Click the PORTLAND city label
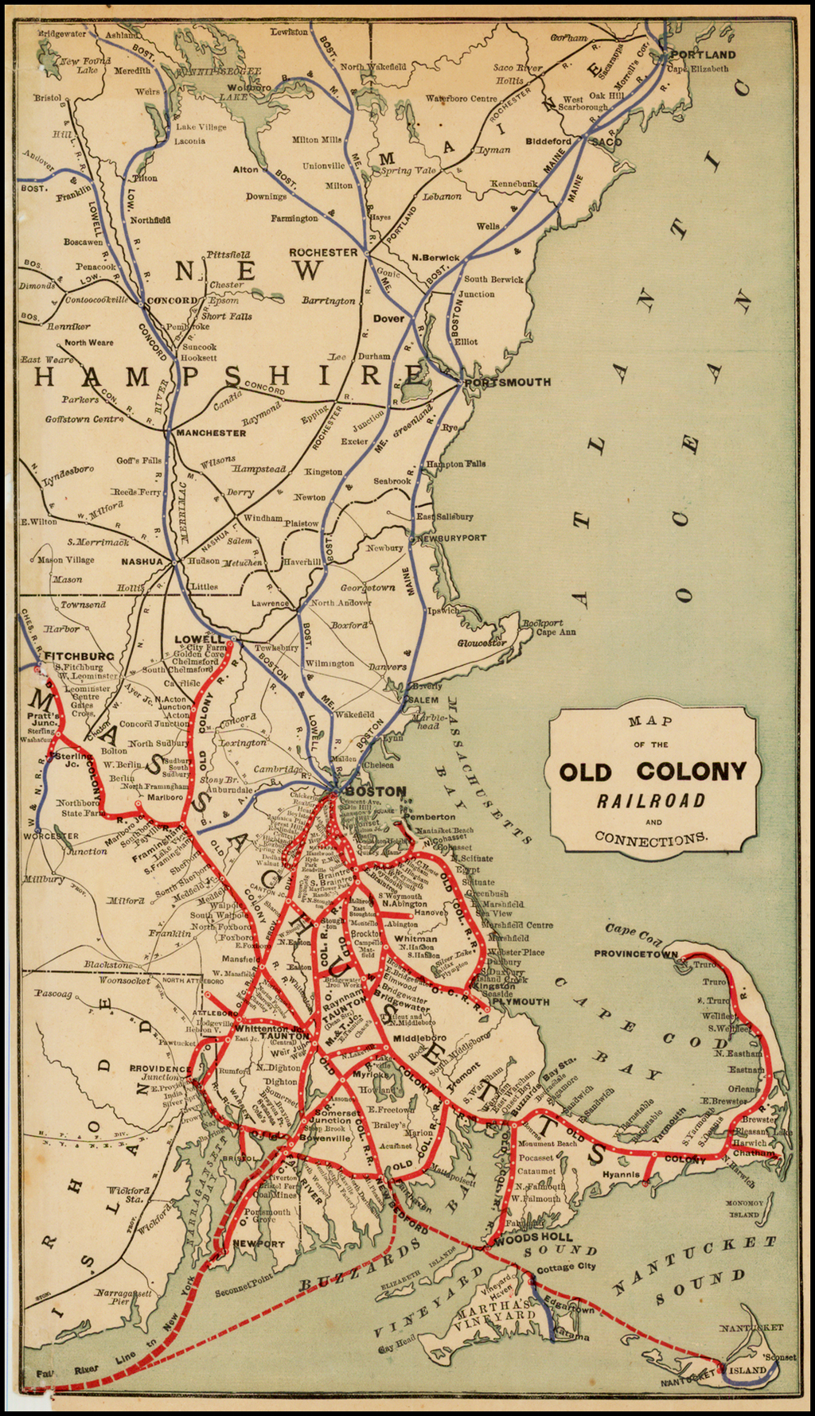click(x=704, y=55)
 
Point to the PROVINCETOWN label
click(x=635, y=953)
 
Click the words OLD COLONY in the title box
click(x=653, y=772)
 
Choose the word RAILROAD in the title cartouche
click(x=652, y=801)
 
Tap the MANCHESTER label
click(x=211, y=433)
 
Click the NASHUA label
click(x=142, y=562)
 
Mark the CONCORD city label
click(x=172, y=301)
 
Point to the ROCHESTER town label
click(x=323, y=252)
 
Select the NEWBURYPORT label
click(x=451, y=539)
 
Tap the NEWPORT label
click(x=259, y=1244)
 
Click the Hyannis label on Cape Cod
click(x=621, y=1174)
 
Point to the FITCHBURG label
click(x=80, y=656)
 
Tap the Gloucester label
click(x=482, y=643)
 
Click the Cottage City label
click(x=566, y=1267)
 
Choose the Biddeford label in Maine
click(x=548, y=142)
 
